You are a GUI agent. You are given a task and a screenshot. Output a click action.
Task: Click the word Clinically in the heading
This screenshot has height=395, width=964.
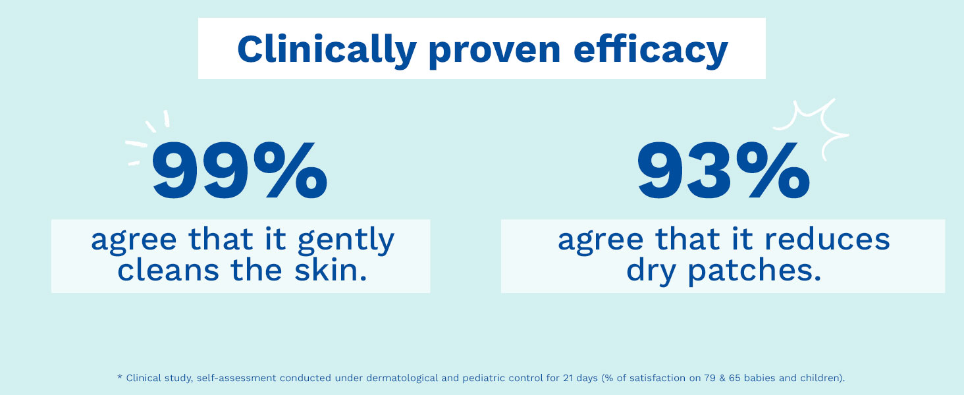[x=327, y=51]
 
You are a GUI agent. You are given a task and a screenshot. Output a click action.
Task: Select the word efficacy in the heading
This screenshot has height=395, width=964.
[x=651, y=51]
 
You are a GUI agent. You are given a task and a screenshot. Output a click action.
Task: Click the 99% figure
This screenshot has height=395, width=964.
[x=239, y=171]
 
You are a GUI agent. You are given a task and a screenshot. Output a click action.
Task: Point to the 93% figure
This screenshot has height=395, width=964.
[x=724, y=171]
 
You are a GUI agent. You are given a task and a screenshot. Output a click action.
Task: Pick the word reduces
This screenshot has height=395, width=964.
[x=827, y=239]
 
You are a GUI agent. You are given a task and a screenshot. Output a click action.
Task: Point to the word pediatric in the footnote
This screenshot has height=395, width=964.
[x=481, y=379]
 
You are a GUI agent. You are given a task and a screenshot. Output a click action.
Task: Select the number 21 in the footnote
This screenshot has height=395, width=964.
[x=568, y=378]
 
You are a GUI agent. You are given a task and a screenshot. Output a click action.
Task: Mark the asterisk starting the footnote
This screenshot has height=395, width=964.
[x=120, y=377]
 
